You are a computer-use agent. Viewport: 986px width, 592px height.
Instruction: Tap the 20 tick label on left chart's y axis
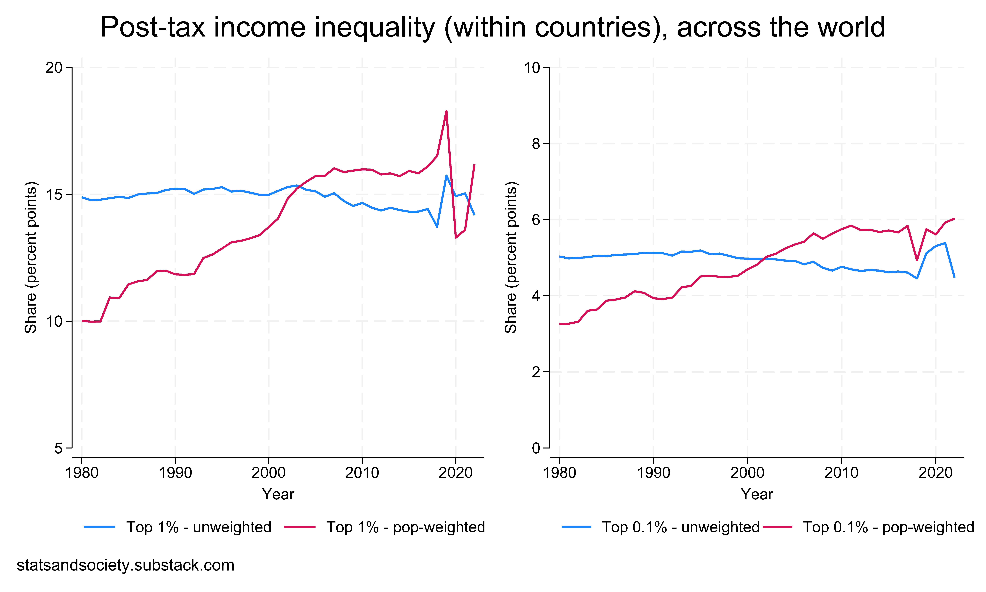point(54,68)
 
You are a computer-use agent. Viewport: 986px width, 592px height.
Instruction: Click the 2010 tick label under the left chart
point(362,473)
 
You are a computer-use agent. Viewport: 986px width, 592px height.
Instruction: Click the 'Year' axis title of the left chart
point(278,495)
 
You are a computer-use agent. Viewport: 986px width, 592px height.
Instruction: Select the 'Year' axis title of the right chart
point(756,495)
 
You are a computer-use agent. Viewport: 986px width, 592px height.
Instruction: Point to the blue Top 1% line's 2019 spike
point(446,176)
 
